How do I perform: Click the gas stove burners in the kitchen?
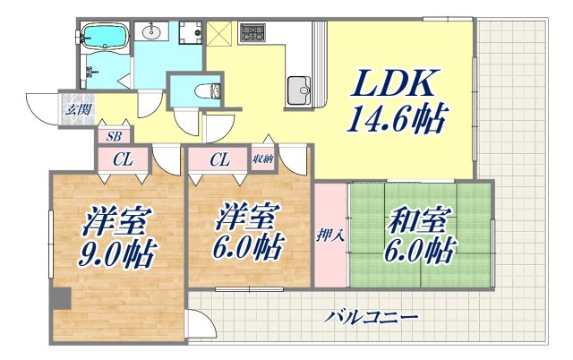pyautogui.click(x=251, y=35)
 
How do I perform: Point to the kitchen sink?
pyautogui.click(x=298, y=89)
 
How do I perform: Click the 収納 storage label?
pyautogui.click(x=262, y=159)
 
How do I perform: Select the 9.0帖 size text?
pyautogui.click(x=118, y=253)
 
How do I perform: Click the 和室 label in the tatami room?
pyautogui.click(x=420, y=220)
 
